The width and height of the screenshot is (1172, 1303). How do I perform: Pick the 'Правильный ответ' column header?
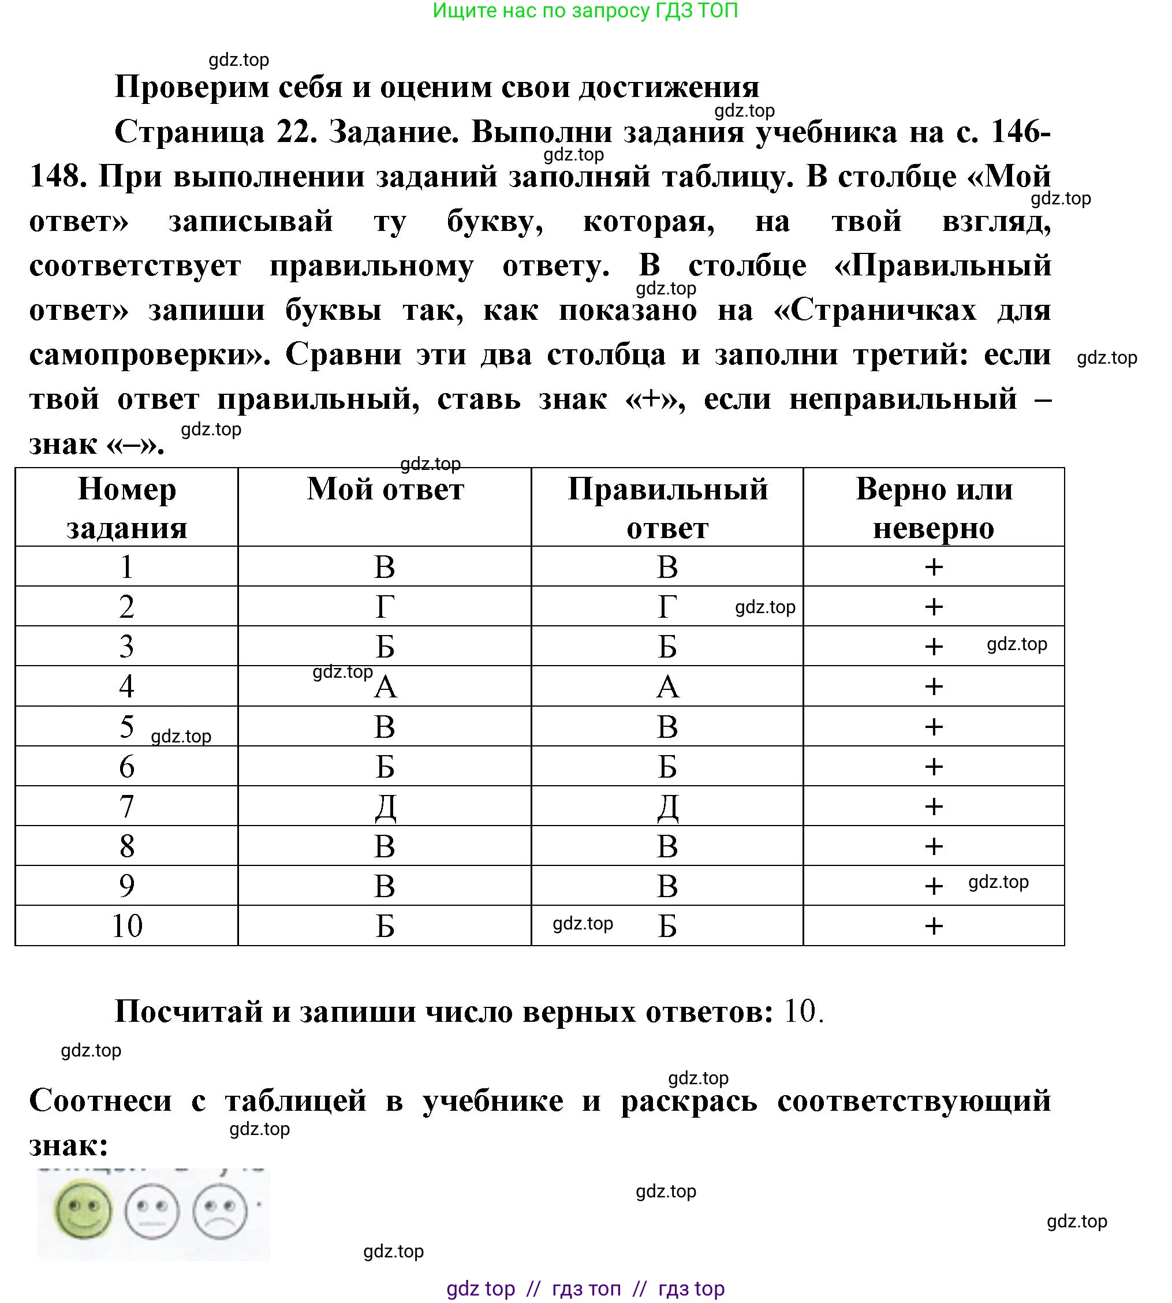(667, 508)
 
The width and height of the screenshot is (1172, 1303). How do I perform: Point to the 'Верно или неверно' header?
(934, 508)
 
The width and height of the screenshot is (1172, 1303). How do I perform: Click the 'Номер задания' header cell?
(127, 508)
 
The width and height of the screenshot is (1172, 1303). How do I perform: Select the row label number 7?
(127, 806)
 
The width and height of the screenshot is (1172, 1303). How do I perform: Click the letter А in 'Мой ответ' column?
(386, 687)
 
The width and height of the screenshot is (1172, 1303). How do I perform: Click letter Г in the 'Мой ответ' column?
(385, 606)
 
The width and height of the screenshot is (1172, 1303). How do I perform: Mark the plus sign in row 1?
(934, 567)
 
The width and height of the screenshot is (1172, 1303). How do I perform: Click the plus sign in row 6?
(934, 767)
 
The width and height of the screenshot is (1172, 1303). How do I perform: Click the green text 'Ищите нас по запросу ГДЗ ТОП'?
(585, 11)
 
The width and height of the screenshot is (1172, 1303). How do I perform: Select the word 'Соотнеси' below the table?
(100, 1100)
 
